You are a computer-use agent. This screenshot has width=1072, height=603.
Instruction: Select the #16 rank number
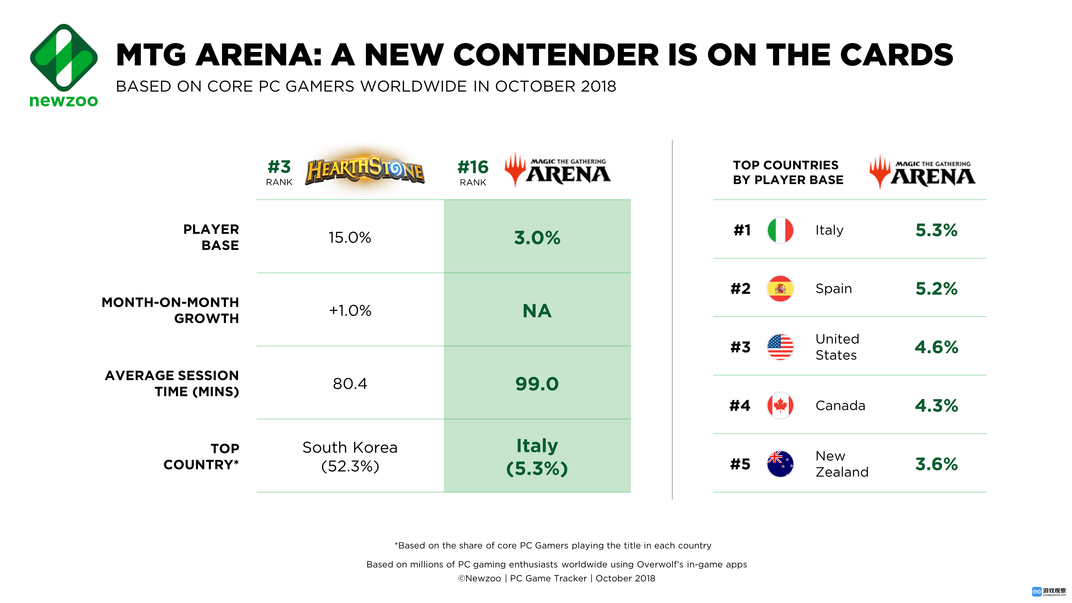click(473, 167)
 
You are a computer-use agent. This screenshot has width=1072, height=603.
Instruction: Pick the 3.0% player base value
click(537, 238)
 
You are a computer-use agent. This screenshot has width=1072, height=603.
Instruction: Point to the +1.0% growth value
click(349, 310)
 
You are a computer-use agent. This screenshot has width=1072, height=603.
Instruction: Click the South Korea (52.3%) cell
click(349, 456)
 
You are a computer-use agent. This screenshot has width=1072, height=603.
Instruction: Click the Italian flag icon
click(780, 230)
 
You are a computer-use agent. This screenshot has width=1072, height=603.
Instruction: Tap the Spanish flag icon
click(780, 288)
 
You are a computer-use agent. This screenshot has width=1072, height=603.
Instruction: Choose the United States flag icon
click(780, 347)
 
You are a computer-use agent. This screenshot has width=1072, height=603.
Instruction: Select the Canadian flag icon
click(780, 405)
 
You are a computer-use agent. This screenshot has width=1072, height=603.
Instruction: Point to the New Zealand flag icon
click(780, 464)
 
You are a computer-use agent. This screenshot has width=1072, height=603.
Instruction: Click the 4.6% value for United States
click(936, 347)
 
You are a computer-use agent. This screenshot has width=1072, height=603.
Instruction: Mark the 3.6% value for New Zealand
click(936, 464)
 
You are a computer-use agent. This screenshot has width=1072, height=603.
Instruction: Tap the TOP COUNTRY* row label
click(202, 456)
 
